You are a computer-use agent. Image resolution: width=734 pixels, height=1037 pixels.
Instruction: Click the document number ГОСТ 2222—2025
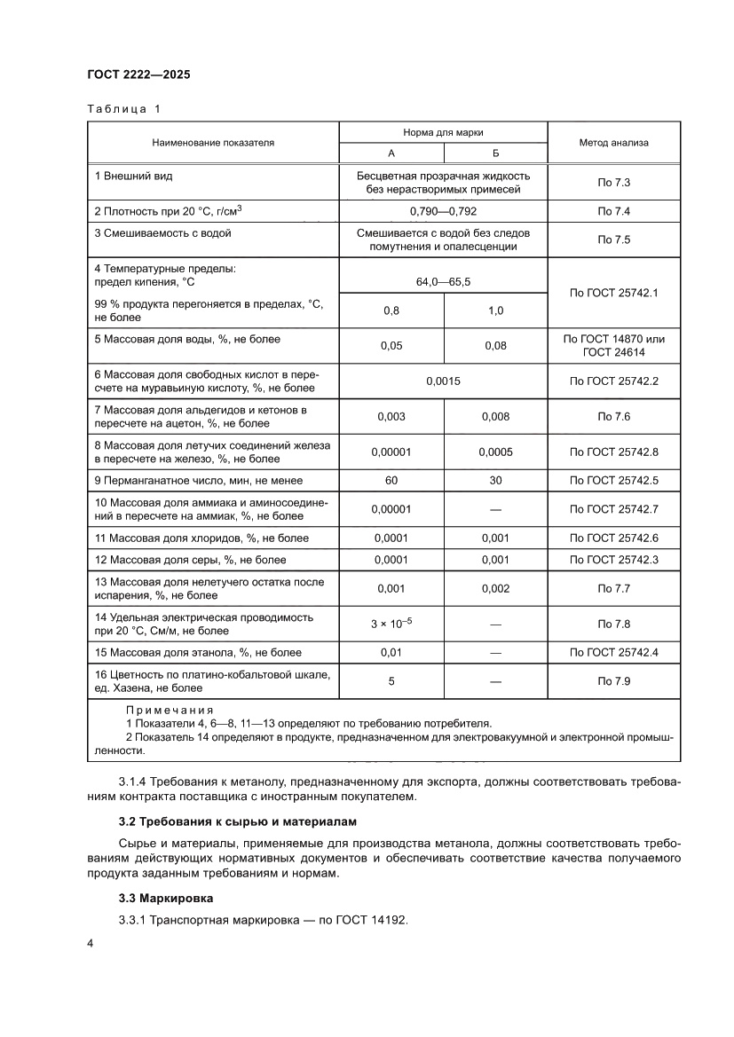point(138,75)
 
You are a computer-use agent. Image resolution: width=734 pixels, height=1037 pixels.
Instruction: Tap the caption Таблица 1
point(124,109)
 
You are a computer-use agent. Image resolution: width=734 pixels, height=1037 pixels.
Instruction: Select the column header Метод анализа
point(614,142)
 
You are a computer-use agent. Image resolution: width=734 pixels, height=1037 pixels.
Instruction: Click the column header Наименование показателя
point(213,142)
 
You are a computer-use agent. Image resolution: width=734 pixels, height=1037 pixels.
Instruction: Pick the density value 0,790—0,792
point(443,211)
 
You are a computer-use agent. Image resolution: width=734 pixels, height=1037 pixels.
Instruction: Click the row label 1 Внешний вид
point(133,177)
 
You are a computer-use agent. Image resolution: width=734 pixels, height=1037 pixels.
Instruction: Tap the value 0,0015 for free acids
point(443,381)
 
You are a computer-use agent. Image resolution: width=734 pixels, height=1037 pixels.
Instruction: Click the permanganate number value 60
point(391,480)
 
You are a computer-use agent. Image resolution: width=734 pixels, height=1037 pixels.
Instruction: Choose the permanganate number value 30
point(495,480)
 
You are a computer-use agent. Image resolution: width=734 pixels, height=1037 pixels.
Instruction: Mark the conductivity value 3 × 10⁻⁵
point(391,624)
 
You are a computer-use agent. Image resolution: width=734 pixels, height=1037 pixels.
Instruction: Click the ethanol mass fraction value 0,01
point(391,652)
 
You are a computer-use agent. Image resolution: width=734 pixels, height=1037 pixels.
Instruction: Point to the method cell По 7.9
point(614,682)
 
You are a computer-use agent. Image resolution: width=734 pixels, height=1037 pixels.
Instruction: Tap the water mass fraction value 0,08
point(495,346)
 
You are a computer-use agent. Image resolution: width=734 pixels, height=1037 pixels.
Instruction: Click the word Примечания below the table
point(170,711)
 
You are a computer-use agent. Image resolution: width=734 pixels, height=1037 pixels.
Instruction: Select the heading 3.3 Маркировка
point(165,898)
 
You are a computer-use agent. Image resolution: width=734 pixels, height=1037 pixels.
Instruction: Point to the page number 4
point(91,943)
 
